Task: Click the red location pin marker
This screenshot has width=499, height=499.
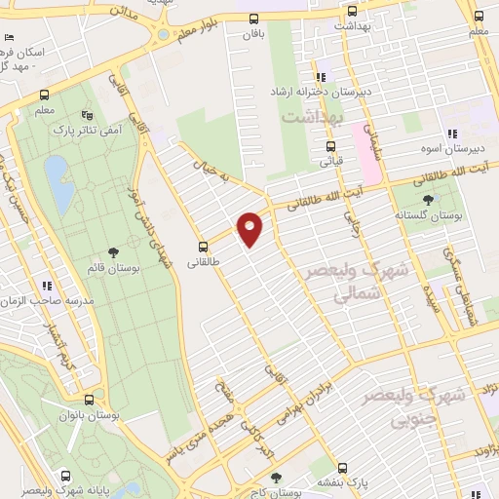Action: point(250,227)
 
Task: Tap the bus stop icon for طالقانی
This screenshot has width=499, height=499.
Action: point(203,247)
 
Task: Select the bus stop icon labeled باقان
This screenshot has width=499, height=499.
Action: point(254,19)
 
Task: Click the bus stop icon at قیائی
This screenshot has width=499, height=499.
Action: point(331,147)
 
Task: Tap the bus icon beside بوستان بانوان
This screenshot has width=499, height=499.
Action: point(89,400)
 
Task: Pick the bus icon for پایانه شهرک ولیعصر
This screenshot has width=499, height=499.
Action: point(65,477)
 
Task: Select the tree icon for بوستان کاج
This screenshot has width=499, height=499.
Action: point(277,478)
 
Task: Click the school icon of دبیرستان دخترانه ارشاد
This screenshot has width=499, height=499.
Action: point(319,78)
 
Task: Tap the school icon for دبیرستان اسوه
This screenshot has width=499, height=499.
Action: point(451,134)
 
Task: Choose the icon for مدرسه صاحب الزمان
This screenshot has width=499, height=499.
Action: point(45,286)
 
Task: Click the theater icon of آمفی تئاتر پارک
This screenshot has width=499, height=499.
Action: point(89,114)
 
